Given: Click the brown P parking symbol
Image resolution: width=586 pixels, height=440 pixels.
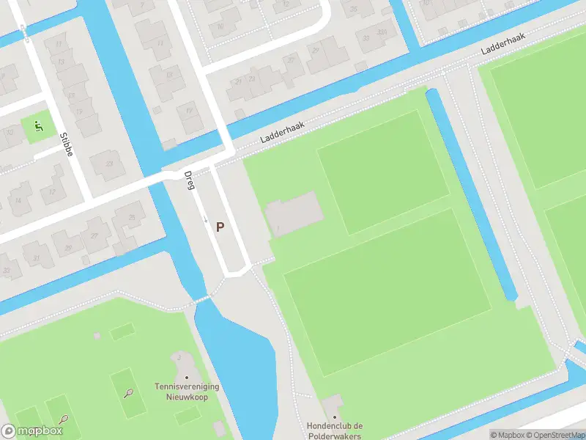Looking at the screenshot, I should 220,227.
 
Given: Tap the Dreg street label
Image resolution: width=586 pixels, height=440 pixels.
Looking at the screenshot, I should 188,180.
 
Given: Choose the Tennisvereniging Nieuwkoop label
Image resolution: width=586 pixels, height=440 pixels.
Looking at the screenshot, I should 187,391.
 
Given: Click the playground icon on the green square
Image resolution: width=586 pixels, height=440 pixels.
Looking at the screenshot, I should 38,127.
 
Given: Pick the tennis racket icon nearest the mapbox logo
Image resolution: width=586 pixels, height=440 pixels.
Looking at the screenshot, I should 64,419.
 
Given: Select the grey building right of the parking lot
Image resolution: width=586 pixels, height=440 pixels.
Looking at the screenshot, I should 293,213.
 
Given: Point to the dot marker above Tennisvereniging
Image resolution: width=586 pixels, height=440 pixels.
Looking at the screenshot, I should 186,378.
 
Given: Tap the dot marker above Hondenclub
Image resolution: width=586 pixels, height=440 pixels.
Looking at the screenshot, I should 335,417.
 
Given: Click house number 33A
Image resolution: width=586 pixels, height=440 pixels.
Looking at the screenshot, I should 381,32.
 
